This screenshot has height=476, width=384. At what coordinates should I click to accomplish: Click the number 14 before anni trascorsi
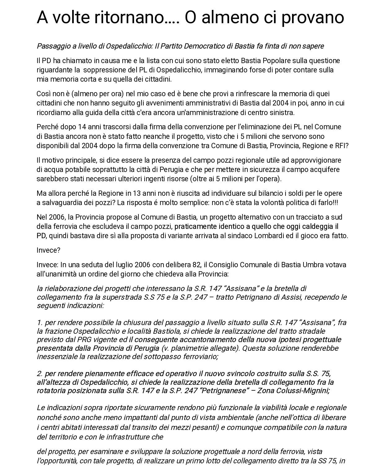coord(75,127)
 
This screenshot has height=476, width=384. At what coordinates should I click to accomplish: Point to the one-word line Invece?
coord(48,250)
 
